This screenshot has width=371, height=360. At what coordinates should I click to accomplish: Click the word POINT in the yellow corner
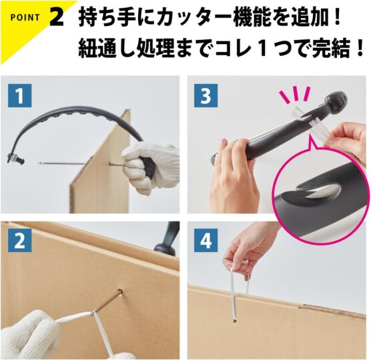click(25, 17)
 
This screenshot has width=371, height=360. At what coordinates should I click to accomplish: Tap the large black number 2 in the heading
click(57, 17)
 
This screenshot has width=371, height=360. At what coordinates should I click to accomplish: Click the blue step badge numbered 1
click(19, 96)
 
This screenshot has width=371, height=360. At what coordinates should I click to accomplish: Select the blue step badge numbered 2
click(19, 241)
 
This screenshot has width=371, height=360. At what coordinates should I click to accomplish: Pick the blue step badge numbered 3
click(206, 96)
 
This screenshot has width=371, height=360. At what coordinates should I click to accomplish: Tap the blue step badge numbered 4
click(206, 241)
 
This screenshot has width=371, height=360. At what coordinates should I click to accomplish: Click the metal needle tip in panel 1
click(39, 163)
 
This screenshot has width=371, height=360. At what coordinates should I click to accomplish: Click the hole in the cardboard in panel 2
click(120, 292)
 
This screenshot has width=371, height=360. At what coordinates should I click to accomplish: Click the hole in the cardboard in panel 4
click(234, 321)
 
